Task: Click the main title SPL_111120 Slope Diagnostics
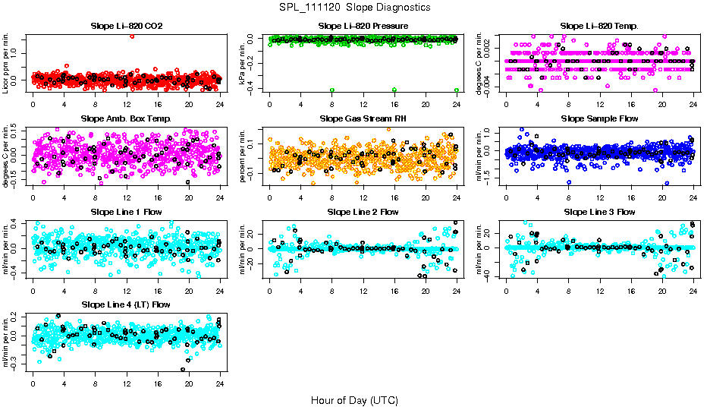(354, 7)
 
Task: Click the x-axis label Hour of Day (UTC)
(354, 399)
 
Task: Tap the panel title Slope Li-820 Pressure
(363, 27)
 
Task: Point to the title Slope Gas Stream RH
(363, 119)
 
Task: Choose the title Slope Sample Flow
(599, 119)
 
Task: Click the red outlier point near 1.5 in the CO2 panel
(132, 36)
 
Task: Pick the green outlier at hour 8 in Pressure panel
(332, 90)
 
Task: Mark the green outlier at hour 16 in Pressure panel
(394, 90)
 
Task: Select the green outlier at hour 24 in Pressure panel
(456, 90)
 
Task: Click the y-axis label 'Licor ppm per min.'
(7, 63)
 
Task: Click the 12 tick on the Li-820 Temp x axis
(600, 104)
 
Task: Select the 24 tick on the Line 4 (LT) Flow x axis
(220, 382)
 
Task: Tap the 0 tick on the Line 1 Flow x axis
(33, 289)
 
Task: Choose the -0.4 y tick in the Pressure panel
(256, 89)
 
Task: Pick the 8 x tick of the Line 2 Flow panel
(332, 289)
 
